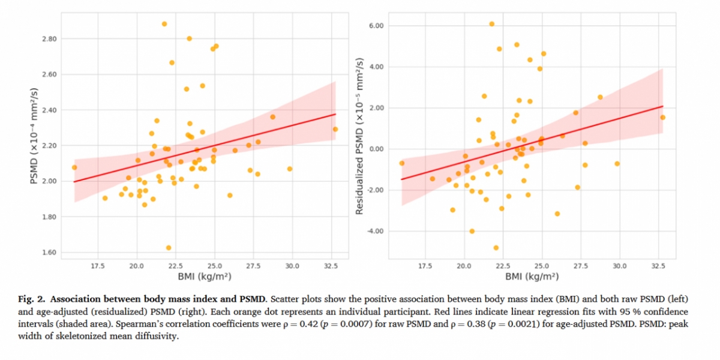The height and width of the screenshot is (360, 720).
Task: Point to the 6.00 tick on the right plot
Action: click(376, 26)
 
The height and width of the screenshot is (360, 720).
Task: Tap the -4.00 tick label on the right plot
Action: click(375, 232)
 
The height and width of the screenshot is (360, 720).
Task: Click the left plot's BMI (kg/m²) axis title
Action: click(205, 277)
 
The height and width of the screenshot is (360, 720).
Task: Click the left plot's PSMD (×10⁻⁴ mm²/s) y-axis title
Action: click(34, 136)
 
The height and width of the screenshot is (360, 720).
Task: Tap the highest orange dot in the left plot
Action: click(164, 24)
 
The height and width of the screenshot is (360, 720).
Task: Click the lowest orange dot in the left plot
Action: click(169, 248)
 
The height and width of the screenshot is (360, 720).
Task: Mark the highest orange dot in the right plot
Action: click(491, 24)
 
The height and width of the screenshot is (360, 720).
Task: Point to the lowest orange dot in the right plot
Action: click(496, 248)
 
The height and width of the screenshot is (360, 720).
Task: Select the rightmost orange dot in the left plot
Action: click(335, 129)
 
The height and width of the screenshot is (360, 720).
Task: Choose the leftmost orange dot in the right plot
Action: click(402, 163)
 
